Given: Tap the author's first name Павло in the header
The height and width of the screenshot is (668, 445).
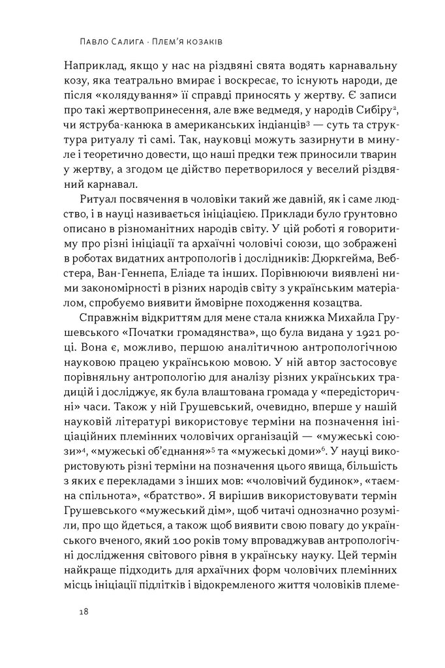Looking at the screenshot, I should click(84, 40).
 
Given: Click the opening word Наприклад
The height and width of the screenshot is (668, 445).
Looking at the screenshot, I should click(87, 66).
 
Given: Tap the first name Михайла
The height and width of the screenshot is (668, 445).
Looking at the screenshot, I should click(331, 318).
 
